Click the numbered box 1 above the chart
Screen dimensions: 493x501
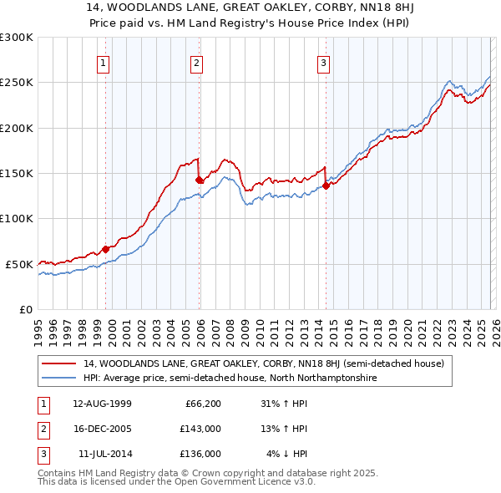tap(103, 62)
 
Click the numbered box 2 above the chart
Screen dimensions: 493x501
tap(196, 62)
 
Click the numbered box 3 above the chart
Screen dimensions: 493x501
tap(323, 62)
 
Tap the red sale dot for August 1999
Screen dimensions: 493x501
tap(106, 249)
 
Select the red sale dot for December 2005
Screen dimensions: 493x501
tap(199, 180)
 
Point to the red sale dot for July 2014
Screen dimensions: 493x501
tap(326, 186)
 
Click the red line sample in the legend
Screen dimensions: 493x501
tap(60, 363)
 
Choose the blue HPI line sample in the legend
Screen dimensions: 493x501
tap(60, 378)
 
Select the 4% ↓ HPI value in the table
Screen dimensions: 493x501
tap(287, 454)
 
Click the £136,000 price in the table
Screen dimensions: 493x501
tap(200, 454)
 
